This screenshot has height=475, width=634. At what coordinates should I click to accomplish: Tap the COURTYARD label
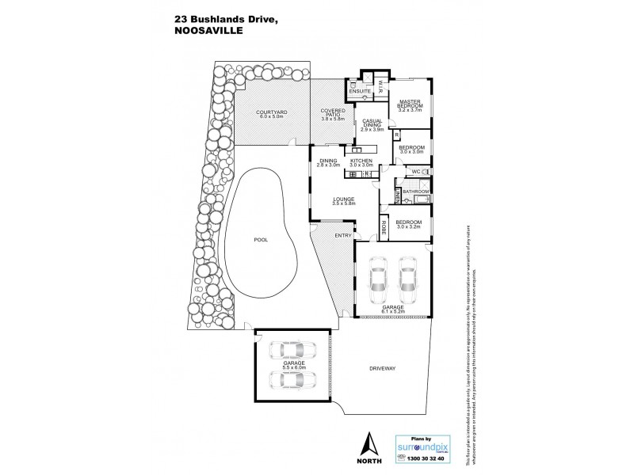pos(270,113)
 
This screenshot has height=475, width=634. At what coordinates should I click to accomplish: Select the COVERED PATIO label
pos(331,113)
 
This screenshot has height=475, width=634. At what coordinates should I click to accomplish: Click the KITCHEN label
pos(361,160)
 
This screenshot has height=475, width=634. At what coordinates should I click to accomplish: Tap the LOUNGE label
pos(344,199)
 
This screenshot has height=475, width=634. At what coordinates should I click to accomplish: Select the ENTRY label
pos(343,235)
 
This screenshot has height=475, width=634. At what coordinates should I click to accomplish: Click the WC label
pos(415,171)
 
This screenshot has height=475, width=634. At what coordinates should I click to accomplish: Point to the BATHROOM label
pos(415,192)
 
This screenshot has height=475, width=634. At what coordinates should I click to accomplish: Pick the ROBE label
pos(384,227)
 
